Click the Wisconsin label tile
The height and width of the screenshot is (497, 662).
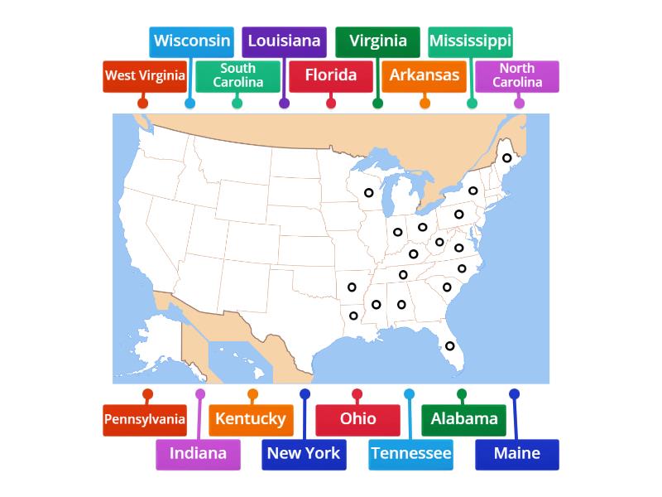(192, 41)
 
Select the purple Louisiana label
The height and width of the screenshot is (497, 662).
(284, 41)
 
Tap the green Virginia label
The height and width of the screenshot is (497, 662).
(377, 41)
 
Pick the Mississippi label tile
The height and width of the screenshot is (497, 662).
(470, 41)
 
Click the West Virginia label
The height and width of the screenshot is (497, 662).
(145, 75)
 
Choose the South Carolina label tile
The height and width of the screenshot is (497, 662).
(237, 75)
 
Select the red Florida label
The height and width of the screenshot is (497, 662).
(330, 75)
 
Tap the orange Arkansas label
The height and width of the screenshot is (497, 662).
(424, 75)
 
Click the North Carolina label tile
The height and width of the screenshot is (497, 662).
(517, 75)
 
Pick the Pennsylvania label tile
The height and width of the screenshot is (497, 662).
(145, 419)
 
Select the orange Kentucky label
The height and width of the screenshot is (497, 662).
(250, 419)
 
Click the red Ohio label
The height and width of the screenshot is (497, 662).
(357, 419)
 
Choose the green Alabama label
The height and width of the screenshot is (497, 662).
(463, 419)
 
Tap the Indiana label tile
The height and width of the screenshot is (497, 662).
(198, 454)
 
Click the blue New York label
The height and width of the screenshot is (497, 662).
(304, 454)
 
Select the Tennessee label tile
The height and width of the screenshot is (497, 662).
(410, 454)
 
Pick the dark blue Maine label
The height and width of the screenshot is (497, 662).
(517, 454)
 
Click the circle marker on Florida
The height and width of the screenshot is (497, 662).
(450, 346)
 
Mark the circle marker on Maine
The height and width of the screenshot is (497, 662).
(507, 158)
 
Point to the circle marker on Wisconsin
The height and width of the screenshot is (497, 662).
(368, 193)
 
